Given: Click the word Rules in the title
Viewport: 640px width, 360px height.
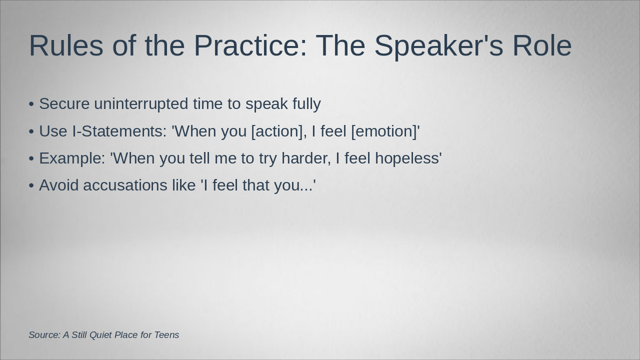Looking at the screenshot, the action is coord(66,45).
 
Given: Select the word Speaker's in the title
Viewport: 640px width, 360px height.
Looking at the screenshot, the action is coord(438,47).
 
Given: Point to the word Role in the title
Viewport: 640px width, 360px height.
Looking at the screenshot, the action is coord(542,45).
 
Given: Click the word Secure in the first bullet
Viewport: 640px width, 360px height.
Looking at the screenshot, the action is coord(64,103).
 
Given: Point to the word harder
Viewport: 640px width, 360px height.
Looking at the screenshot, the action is coord(306,158).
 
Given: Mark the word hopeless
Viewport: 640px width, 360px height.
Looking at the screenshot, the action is coord(407,159).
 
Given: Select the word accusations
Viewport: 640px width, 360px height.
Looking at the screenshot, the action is coord(125,185).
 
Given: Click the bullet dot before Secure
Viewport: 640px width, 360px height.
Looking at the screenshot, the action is coord(31,104).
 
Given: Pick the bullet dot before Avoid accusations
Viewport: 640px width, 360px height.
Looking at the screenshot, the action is coord(31,185).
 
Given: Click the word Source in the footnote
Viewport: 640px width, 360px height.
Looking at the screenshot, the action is coord(44,335).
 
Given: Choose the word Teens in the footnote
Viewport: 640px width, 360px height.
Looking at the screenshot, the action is coord(166,335).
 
